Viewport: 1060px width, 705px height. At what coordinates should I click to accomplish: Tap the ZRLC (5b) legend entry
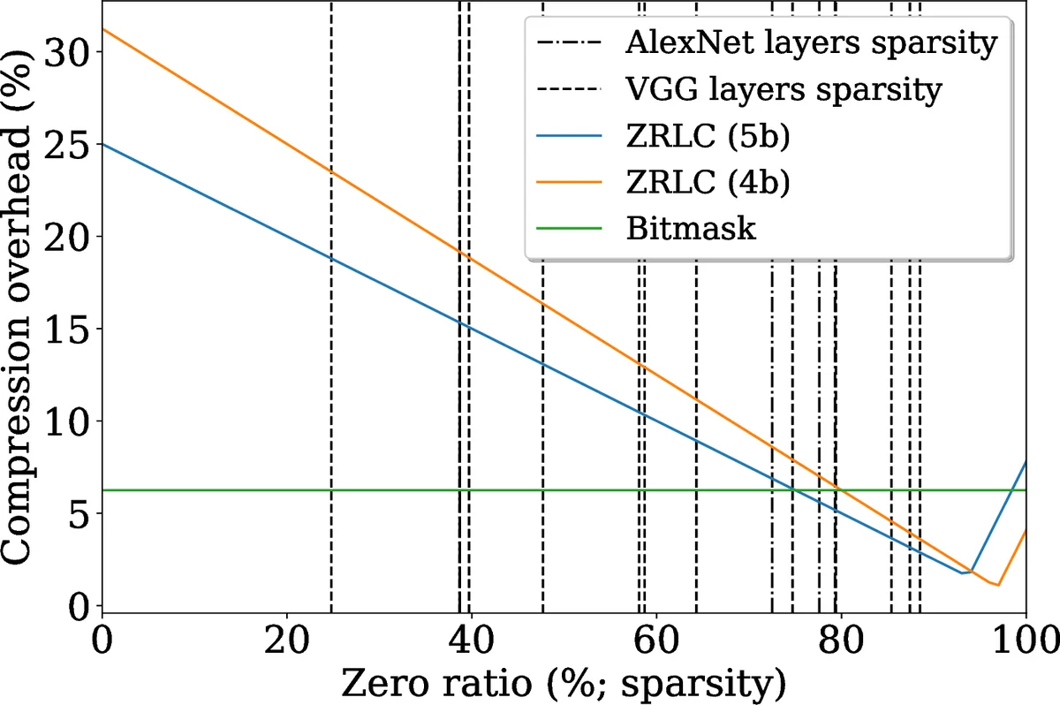pyautogui.click(x=707, y=136)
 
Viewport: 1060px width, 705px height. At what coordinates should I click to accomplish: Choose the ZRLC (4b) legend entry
pyautogui.click(x=707, y=182)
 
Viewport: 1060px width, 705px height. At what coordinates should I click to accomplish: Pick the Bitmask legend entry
pyautogui.click(x=690, y=228)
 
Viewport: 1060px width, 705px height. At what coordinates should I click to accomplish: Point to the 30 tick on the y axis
pyautogui.click(x=69, y=52)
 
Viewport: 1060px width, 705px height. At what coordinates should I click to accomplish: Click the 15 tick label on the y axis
pyautogui.click(x=69, y=330)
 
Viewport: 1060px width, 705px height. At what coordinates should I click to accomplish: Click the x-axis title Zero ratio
pyautogui.click(x=564, y=682)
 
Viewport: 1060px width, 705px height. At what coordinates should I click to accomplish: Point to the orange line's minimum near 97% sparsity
pyautogui.click(x=997, y=585)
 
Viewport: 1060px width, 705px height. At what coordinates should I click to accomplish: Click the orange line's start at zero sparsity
pyautogui.click(x=103, y=29)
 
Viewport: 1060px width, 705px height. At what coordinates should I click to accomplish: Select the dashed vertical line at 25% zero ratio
pyautogui.click(x=331, y=353)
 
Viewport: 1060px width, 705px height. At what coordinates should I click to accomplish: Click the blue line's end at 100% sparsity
pyautogui.click(x=1026, y=462)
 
